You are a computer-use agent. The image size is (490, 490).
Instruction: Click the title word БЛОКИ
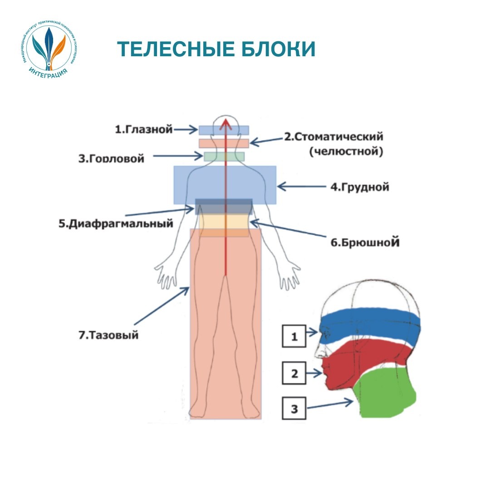pyautogui.click(x=278, y=49)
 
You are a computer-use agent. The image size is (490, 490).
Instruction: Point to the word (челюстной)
pyautogui.click(x=346, y=151)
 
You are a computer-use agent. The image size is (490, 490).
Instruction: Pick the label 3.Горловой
pyautogui.click(x=111, y=158)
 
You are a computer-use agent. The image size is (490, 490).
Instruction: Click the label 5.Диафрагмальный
pyautogui.click(x=116, y=224)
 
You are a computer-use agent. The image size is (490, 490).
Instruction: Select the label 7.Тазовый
pyautogui.click(x=108, y=336)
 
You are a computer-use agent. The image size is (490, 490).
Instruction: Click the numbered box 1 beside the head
pyautogui.click(x=294, y=336)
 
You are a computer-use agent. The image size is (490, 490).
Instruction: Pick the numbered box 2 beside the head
pyautogui.click(x=294, y=373)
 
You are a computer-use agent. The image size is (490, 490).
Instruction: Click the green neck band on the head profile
pyautogui.click(x=386, y=395)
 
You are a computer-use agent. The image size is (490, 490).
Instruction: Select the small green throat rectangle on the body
pyautogui.click(x=224, y=157)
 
